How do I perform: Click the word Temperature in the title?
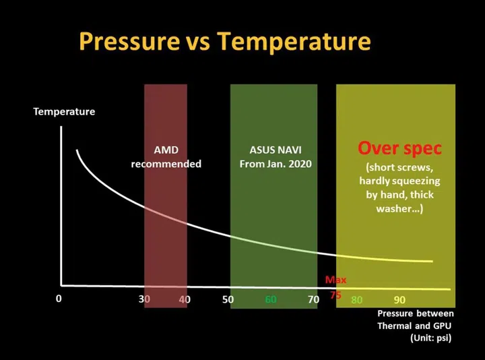point(294,42)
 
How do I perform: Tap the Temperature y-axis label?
point(64,111)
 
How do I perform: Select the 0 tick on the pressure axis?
point(59,299)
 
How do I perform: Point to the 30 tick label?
point(144,299)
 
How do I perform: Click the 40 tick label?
point(185,299)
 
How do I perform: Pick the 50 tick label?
point(228,299)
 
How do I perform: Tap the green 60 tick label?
point(271,299)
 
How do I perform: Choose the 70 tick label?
point(313,299)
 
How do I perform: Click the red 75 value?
point(335,295)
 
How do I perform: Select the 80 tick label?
point(357,299)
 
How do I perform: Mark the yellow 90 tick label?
point(399,299)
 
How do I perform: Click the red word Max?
point(335,280)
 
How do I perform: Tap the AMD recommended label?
point(166,157)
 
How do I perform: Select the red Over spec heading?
point(399,148)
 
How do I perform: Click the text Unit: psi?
point(431,338)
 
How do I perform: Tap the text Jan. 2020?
point(291,164)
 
